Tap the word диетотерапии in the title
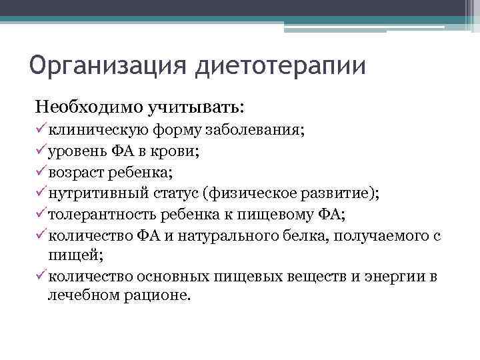coord(281,68)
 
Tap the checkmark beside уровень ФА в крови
coord(41,151)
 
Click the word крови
coord(177,151)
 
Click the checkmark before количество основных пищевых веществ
coord(41,276)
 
